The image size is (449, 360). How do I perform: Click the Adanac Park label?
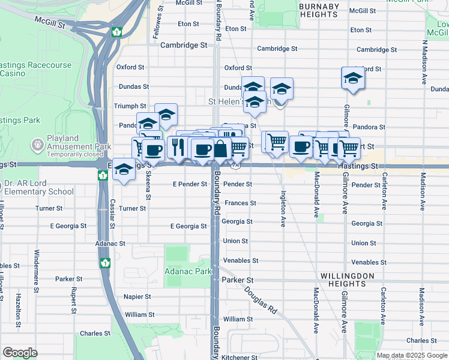188,271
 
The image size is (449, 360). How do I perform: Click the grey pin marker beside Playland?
37,145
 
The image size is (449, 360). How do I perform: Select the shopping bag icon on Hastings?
221,149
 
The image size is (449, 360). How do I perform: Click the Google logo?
20,353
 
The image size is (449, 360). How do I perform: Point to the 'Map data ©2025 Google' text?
412,355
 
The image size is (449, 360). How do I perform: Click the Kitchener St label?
240,357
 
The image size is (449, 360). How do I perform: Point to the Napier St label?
138,296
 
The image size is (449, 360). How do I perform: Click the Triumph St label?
130,106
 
